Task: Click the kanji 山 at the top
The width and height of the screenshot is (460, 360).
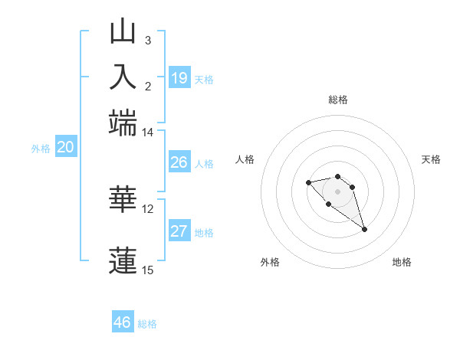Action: (x=123, y=32)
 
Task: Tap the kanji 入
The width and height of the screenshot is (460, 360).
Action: (x=123, y=77)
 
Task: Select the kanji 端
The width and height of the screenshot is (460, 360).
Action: (x=123, y=121)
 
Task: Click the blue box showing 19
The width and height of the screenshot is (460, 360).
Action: (x=179, y=78)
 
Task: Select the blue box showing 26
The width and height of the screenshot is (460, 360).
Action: (x=179, y=162)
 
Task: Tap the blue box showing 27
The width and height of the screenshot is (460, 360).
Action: (x=179, y=231)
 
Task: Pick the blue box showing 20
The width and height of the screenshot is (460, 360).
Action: (x=65, y=148)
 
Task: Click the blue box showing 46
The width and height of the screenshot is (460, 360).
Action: (x=123, y=322)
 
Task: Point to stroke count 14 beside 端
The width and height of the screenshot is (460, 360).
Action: (x=147, y=133)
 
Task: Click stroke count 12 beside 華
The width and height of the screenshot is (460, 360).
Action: (x=148, y=208)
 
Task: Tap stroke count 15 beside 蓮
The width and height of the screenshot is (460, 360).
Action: (x=148, y=270)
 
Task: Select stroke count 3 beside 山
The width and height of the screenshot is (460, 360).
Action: (x=148, y=41)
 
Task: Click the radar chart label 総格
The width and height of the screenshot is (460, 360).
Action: (x=338, y=100)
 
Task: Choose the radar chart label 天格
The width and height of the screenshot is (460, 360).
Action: (x=432, y=159)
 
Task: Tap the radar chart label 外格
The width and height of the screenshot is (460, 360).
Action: (x=270, y=262)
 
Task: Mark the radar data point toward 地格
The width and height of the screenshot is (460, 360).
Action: (x=364, y=229)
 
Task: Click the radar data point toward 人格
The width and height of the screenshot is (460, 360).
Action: (x=308, y=182)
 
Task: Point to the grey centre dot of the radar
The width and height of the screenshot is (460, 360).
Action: (x=338, y=191)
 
